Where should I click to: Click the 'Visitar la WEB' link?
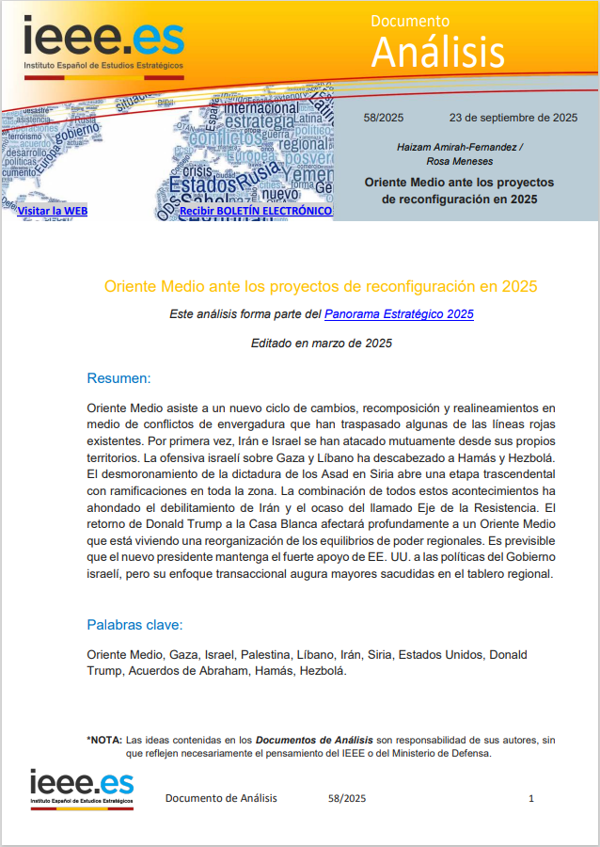[52, 211]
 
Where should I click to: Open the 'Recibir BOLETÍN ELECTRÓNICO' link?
[256, 211]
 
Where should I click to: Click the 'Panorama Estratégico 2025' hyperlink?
[399, 314]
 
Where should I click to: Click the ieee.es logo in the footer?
[82, 788]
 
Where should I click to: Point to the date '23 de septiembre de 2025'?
[513, 118]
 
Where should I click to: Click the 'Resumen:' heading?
[118, 378]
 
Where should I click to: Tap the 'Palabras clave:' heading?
[134, 624]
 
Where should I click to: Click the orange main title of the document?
[321, 285]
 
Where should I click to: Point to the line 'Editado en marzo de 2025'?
[322, 344]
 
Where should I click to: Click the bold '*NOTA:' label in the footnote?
[103, 740]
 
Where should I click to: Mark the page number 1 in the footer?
[531, 798]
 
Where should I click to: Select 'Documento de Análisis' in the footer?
[221, 798]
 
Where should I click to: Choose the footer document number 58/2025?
[347, 798]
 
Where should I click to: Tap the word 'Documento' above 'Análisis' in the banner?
[410, 20]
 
